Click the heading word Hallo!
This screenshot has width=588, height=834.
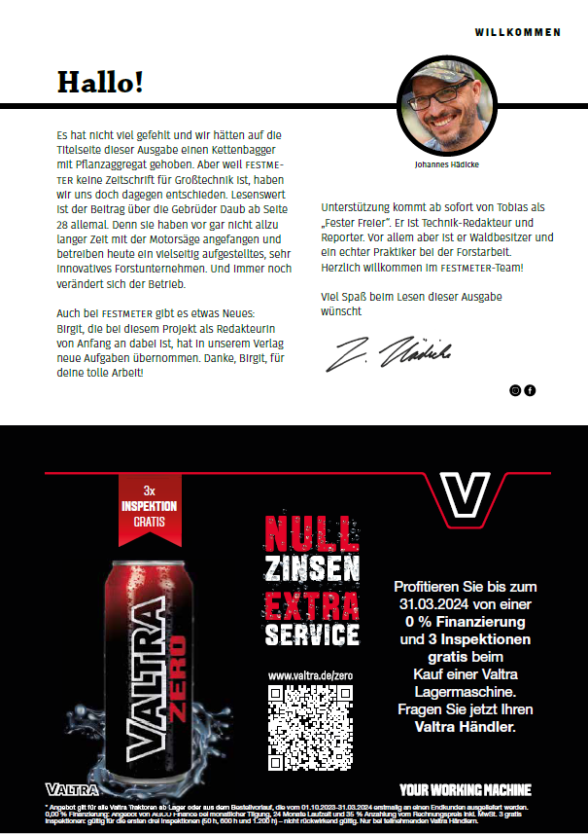100,83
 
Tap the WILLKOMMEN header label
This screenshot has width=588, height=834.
517,32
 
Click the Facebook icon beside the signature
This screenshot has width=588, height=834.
530,390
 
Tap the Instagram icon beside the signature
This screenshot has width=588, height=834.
516,390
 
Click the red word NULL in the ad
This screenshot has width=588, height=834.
312,533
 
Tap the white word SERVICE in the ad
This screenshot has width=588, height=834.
312,634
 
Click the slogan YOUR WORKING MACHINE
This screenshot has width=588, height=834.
466,790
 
